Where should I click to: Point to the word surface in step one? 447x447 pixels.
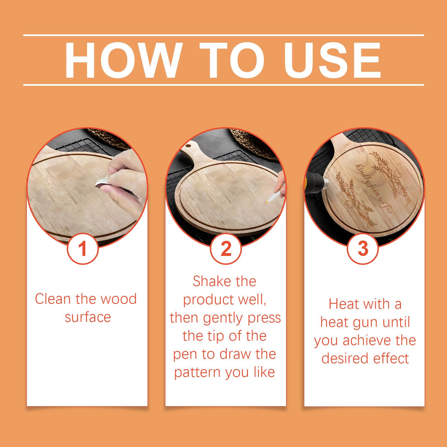88,317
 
